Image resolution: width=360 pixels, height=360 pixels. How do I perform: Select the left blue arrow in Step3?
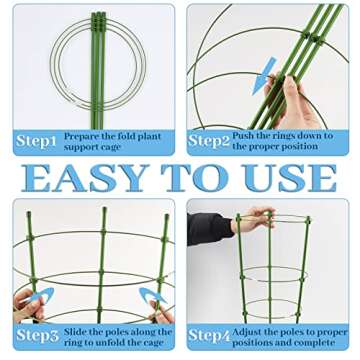point(34,299)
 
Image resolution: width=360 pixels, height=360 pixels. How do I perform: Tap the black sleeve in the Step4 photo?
point(209,228)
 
